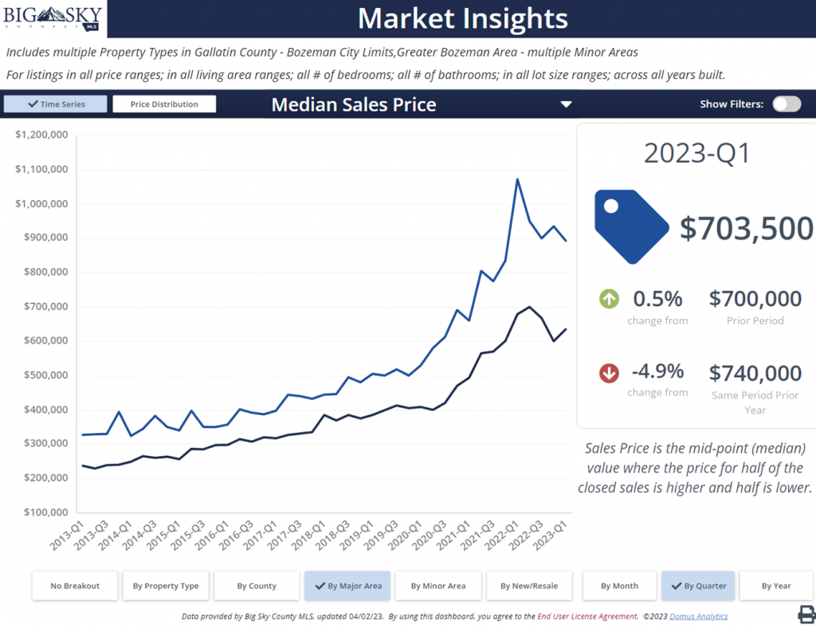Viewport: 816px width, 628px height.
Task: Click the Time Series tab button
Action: pyautogui.click(x=55, y=104)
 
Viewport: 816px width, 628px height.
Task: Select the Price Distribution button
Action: pyautogui.click(x=165, y=104)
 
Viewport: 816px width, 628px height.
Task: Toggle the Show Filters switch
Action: pyautogui.click(x=786, y=104)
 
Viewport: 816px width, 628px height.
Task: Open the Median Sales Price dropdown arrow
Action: pyautogui.click(x=566, y=104)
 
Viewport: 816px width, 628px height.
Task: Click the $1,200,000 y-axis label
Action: pyautogui.click(x=41, y=135)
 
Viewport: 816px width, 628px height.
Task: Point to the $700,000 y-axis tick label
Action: pyautogui.click(x=41, y=307)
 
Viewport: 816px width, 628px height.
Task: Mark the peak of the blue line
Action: pyautogui.click(x=517, y=179)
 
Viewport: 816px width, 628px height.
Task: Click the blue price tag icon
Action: pyautogui.click(x=630, y=226)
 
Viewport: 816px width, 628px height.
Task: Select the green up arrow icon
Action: pyautogui.click(x=610, y=300)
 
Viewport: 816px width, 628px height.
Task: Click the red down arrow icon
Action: pyautogui.click(x=610, y=372)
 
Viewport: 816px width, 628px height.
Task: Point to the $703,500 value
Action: pyautogui.click(x=746, y=229)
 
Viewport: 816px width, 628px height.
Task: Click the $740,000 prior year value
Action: pyautogui.click(x=755, y=373)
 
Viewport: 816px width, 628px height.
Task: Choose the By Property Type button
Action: pyautogui.click(x=166, y=586)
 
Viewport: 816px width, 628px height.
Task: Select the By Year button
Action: pyautogui.click(x=775, y=586)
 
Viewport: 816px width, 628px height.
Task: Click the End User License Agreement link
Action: pyautogui.click(x=587, y=616)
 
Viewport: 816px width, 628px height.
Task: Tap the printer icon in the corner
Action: pyautogui.click(x=806, y=614)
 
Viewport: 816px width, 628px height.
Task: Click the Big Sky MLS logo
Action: pyautogui.click(x=53, y=18)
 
